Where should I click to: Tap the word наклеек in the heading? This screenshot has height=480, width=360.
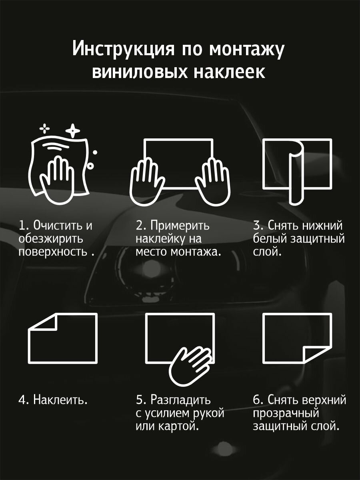pyautogui.click(x=230, y=72)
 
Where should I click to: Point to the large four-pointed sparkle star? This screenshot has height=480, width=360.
pyautogui.click(x=72, y=130)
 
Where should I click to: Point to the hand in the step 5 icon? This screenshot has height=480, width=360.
pyautogui.click(x=190, y=362)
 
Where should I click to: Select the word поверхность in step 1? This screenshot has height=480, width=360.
pyautogui.click(x=52, y=253)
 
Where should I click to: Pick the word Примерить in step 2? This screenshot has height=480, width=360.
pyautogui.click(x=180, y=226)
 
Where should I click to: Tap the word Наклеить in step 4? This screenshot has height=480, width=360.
pyautogui.click(x=60, y=399)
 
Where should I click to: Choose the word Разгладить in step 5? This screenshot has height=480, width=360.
pyautogui.click(x=180, y=399)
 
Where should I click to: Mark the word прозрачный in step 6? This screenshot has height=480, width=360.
pyautogui.click(x=286, y=413)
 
